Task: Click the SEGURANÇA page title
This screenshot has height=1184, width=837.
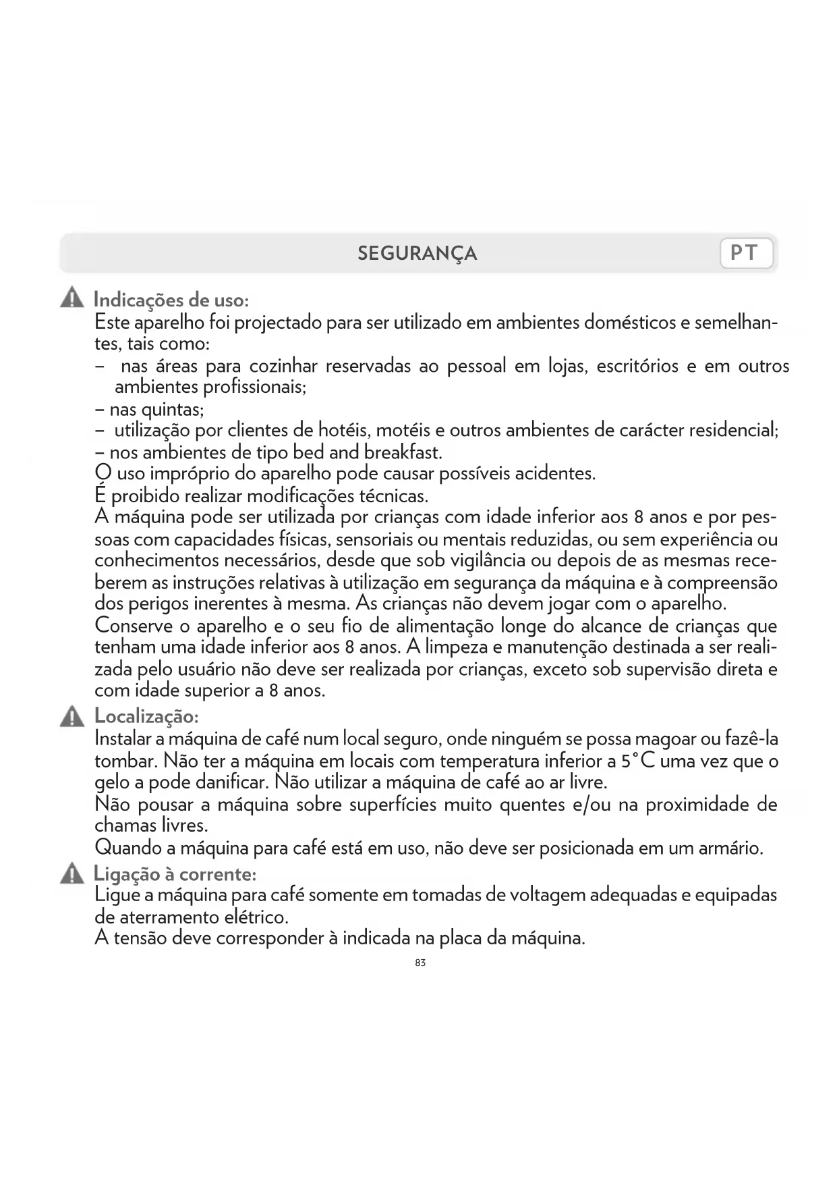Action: (x=417, y=254)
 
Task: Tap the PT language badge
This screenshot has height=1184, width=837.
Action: (x=746, y=253)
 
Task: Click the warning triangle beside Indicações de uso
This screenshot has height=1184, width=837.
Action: (x=71, y=298)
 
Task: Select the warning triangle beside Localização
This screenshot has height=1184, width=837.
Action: (x=71, y=716)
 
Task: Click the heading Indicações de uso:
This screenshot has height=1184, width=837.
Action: (x=171, y=299)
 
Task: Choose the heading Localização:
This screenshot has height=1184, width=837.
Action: (x=146, y=716)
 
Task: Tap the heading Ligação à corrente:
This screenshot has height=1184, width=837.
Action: (x=175, y=874)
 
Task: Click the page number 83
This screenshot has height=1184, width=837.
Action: (x=420, y=963)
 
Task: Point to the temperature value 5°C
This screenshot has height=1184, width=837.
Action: (x=638, y=761)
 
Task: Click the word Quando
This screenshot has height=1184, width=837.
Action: (x=127, y=848)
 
